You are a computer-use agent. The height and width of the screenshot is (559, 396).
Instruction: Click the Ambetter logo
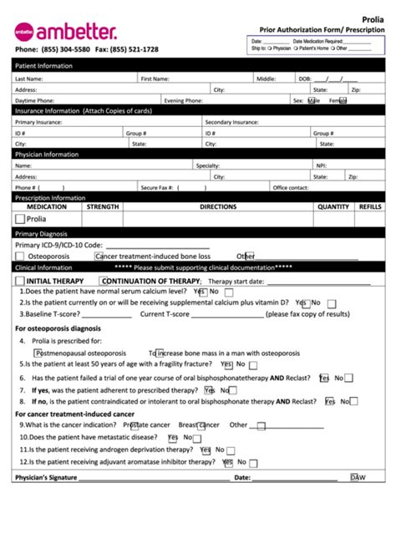(x=65, y=32)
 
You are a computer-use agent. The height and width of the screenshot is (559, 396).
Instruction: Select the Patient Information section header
(x=43, y=66)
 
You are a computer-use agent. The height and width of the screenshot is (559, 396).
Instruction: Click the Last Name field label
(x=28, y=79)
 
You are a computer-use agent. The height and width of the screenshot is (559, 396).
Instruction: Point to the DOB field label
(x=303, y=79)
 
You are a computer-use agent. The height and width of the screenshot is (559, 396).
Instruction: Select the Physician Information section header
(x=47, y=155)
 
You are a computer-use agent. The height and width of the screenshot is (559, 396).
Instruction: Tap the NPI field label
(x=321, y=165)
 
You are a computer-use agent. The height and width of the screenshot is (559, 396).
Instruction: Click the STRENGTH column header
(x=103, y=206)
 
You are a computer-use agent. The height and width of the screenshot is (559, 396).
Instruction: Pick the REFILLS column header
(x=370, y=206)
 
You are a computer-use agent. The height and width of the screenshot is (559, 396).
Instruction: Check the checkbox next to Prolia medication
(x=20, y=219)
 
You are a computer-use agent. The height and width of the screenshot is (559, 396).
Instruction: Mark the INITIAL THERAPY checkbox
(x=20, y=281)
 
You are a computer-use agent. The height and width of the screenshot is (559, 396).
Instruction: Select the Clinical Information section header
(x=43, y=267)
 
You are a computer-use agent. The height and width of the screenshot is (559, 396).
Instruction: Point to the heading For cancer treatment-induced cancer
(x=74, y=414)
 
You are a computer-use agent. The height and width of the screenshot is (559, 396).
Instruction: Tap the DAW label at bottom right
(x=358, y=478)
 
